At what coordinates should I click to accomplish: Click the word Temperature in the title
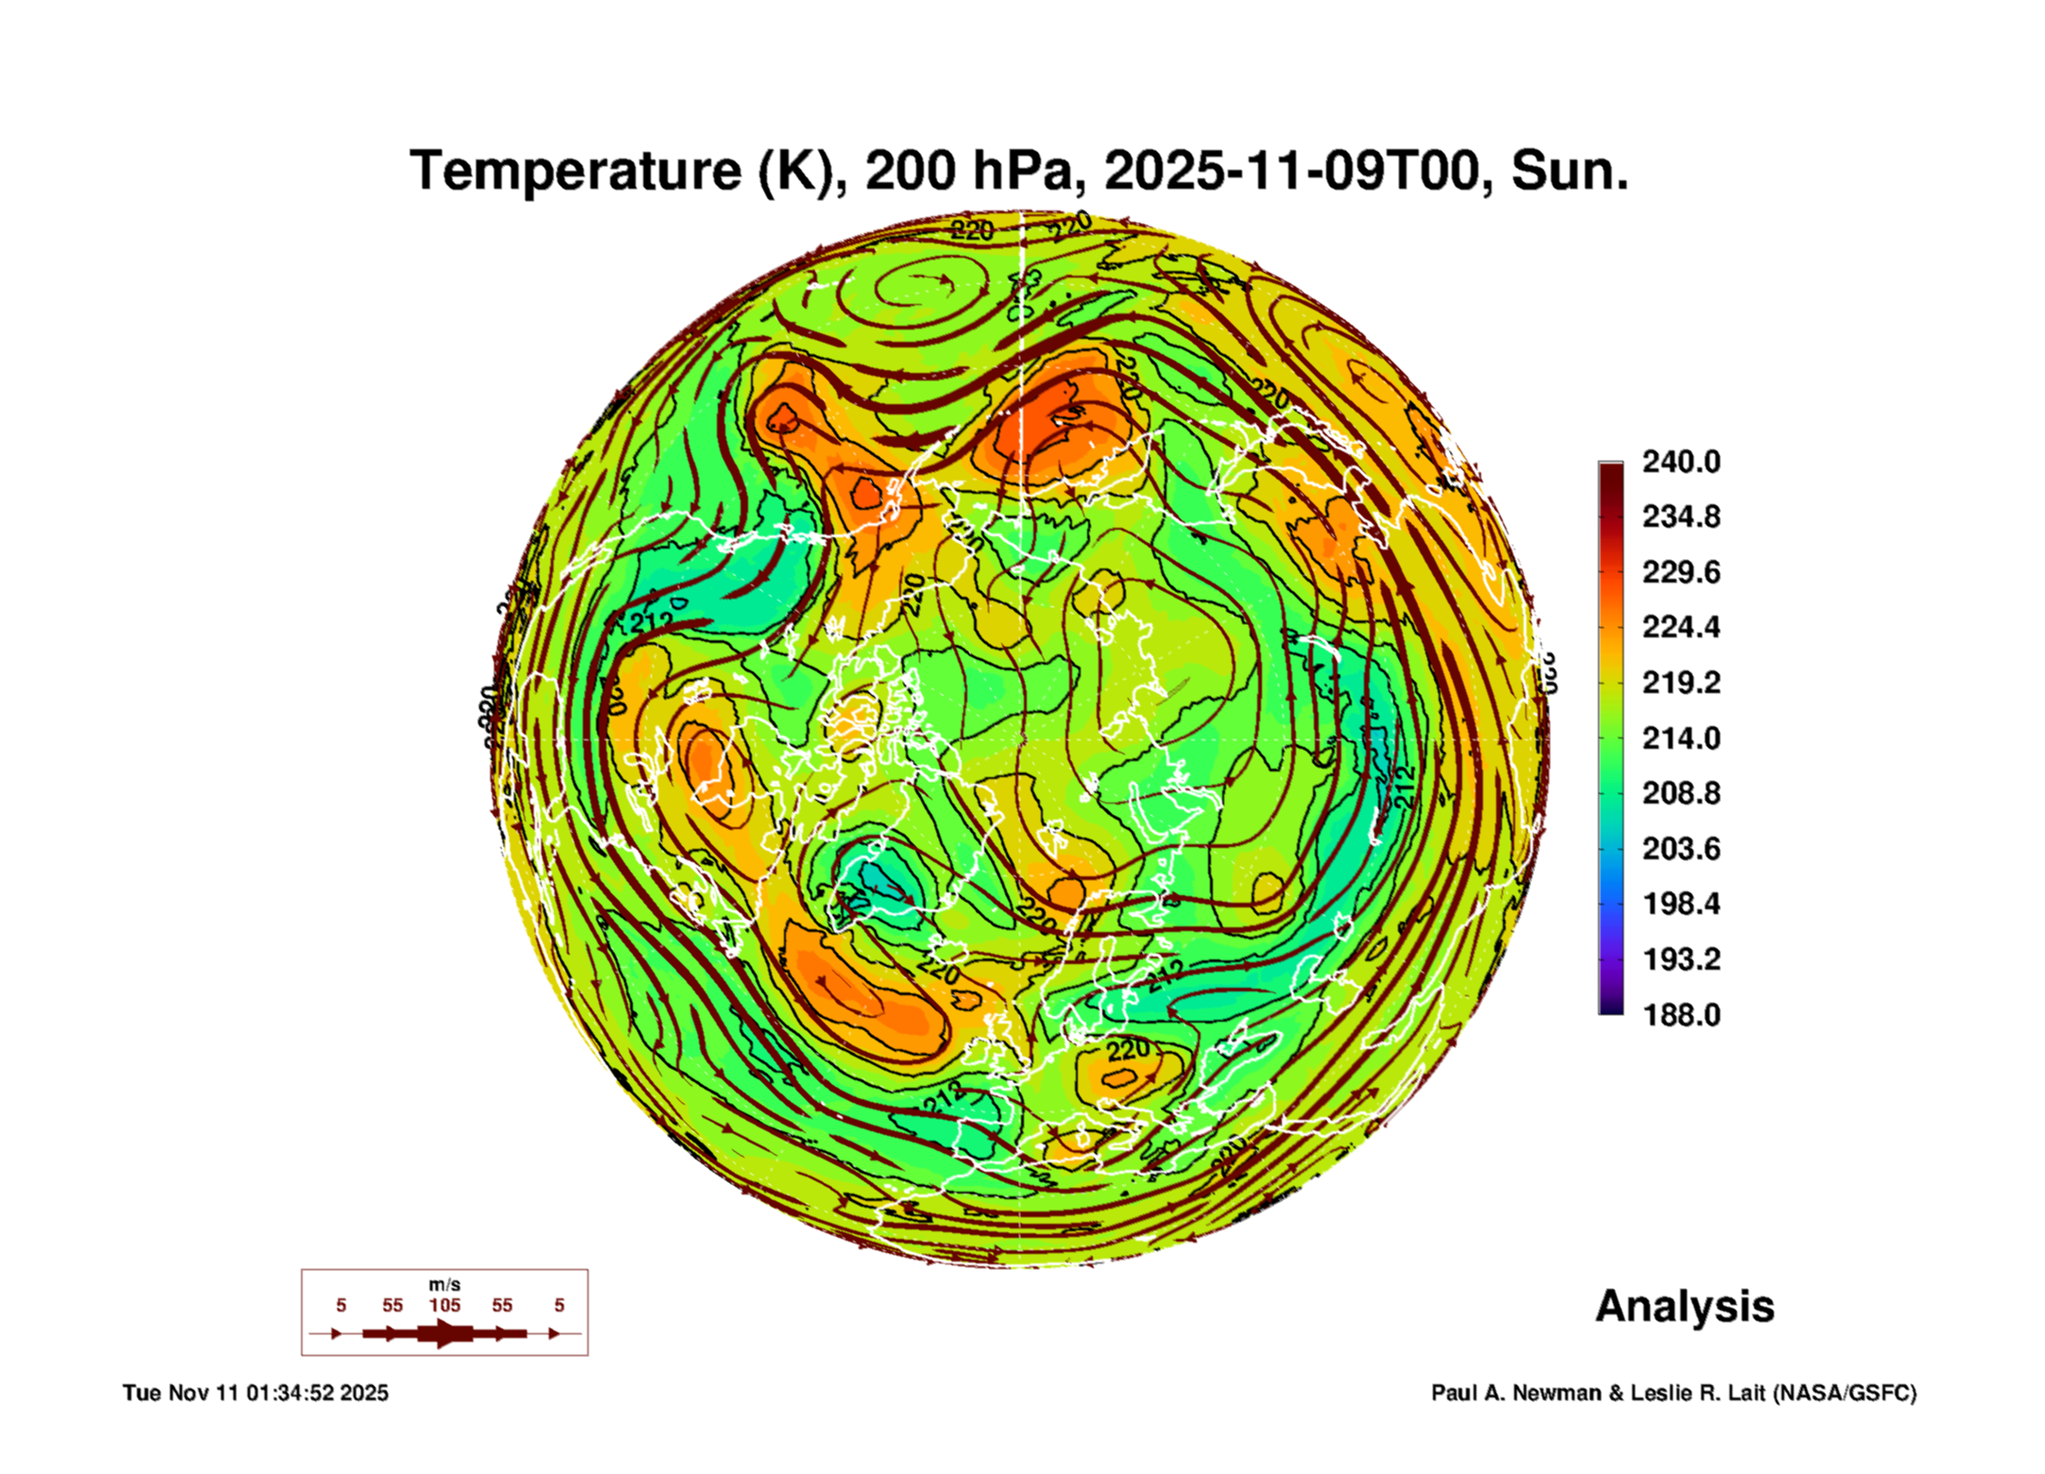[575, 172]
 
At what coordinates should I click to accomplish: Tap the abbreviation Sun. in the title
[1569, 172]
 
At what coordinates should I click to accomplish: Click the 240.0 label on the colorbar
[1680, 462]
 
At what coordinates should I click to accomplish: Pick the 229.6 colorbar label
[1680, 572]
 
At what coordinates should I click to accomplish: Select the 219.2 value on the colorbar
[1680, 683]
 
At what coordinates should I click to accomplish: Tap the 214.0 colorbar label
[1680, 738]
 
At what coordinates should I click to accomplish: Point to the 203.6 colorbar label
[1680, 849]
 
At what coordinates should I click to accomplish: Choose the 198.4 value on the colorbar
[1680, 904]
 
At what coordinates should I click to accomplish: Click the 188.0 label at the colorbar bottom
[1680, 1015]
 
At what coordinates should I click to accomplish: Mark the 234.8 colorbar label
[1680, 517]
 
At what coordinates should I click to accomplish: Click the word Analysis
[1684, 1306]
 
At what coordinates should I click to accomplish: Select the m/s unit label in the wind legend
[444, 1284]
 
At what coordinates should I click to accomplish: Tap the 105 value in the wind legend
[444, 1305]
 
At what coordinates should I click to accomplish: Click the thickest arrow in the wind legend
[444, 1333]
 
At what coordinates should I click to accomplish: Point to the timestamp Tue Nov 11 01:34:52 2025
[255, 1393]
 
